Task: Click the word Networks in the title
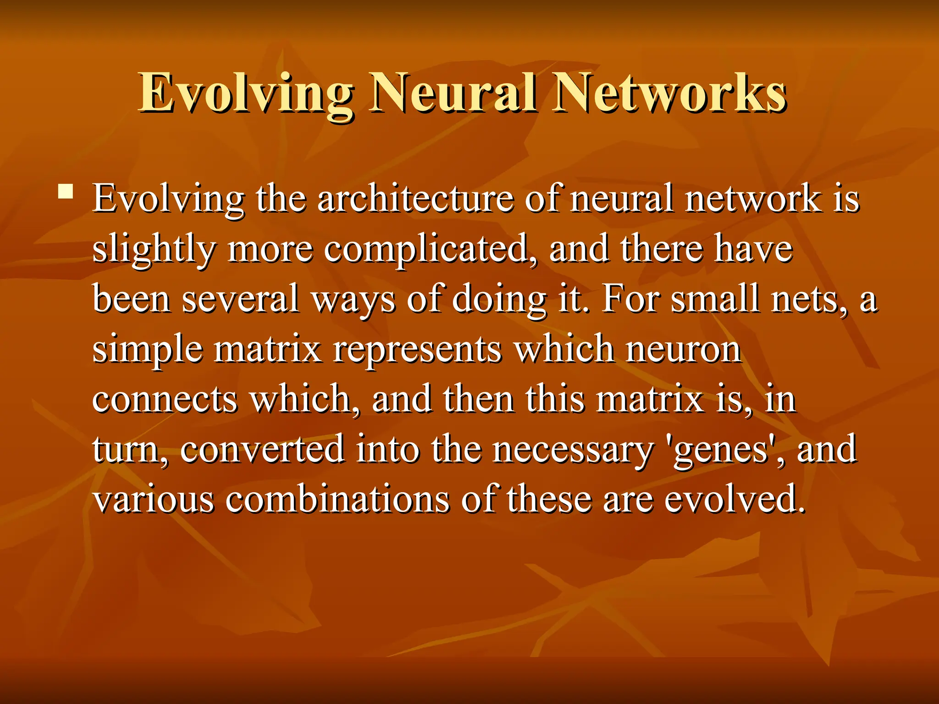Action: (669, 94)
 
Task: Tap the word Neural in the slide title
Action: (454, 94)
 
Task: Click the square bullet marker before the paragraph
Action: (66, 191)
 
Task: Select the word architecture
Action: (415, 199)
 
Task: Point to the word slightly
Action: (154, 250)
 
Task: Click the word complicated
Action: (426, 250)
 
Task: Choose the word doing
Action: (499, 300)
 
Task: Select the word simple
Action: (148, 351)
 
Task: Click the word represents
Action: (417, 351)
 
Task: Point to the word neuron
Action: (683, 351)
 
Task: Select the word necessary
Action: (573, 451)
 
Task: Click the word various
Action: (154, 500)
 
